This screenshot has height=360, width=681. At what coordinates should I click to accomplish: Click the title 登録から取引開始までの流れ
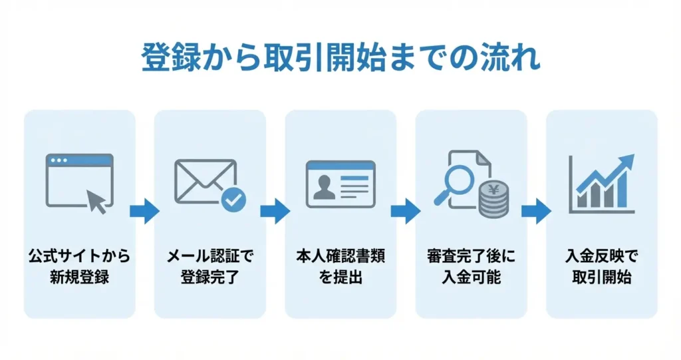click(x=340, y=59)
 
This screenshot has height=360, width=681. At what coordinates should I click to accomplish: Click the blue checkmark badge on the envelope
click(x=233, y=199)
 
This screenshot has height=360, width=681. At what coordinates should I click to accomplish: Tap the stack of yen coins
click(x=493, y=200)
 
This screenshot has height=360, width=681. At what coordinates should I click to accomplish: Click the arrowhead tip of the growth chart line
click(x=629, y=160)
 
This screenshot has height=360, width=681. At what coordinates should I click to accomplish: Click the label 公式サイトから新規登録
click(x=79, y=266)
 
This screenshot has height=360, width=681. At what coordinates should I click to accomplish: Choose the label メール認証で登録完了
click(x=209, y=266)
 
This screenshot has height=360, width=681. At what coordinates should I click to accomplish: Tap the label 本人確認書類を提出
click(x=340, y=266)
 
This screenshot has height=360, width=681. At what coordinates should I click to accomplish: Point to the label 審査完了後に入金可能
click(x=471, y=266)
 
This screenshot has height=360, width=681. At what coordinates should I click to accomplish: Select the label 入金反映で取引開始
click(x=601, y=266)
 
